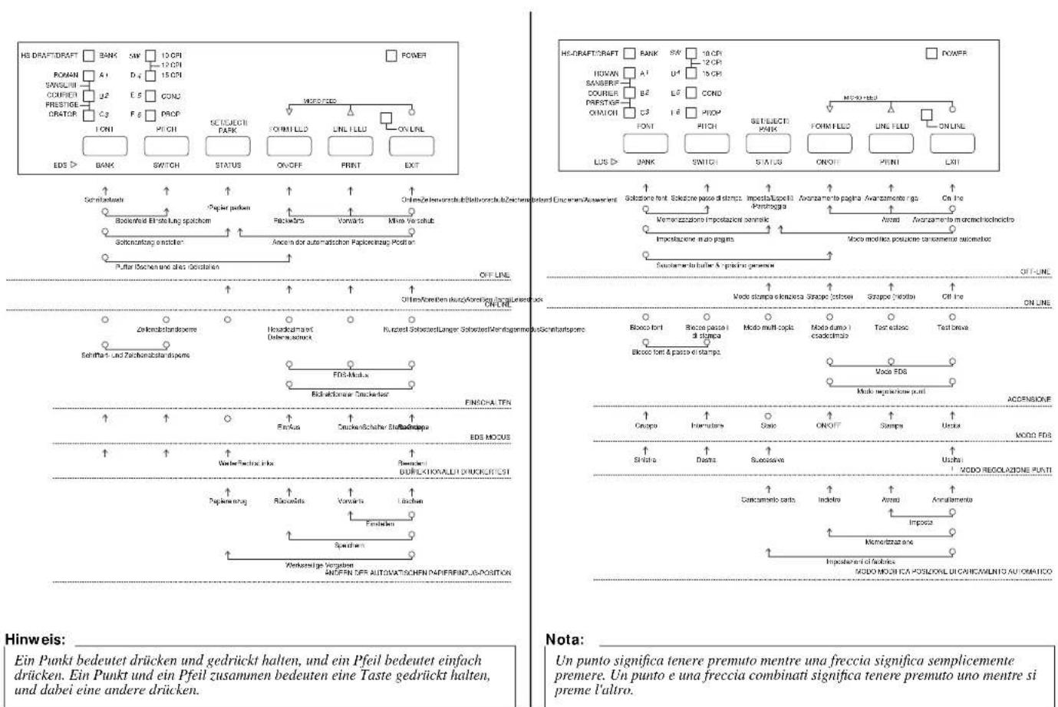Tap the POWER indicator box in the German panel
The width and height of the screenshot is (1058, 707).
[x=391, y=55]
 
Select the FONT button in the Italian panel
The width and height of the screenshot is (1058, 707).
[x=644, y=143]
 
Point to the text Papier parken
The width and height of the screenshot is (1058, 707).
[x=228, y=208]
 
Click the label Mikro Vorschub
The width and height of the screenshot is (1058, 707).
[x=411, y=220]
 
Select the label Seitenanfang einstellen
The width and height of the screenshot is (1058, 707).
[x=150, y=242]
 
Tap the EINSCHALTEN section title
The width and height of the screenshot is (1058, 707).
[x=487, y=402]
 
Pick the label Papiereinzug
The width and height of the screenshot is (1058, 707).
[x=227, y=501]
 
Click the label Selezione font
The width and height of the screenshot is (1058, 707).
[x=646, y=199]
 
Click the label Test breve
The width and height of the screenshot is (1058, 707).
[x=952, y=327]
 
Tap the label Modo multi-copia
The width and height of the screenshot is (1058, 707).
[x=768, y=327]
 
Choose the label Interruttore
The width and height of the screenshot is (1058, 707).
[x=707, y=425]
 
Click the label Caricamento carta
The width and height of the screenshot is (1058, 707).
[x=768, y=500]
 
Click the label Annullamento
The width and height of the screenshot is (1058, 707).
[x=952, y=500]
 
